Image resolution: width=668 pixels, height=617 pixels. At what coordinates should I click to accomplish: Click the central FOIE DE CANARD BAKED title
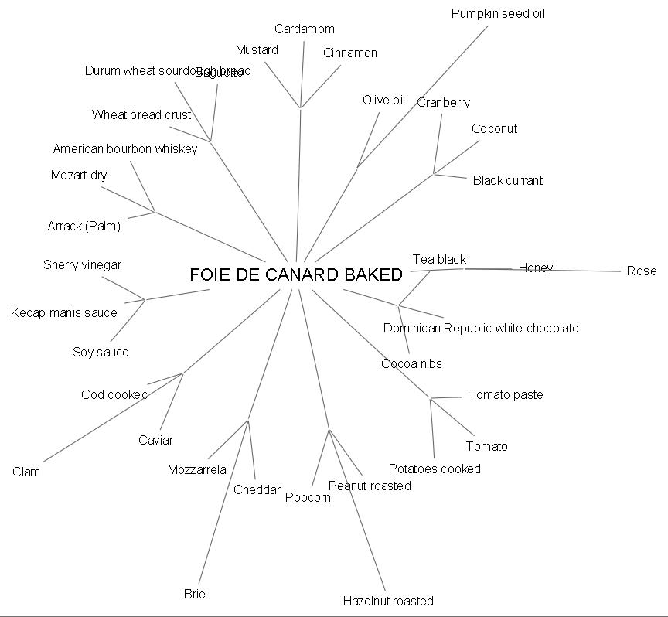tap(296, 274)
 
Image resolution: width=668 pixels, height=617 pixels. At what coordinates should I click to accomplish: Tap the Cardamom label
tap(305, 29)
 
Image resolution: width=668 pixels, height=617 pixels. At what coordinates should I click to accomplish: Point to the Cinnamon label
tap(350, 53)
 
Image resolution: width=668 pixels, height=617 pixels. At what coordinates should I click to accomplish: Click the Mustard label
tap(257, 49)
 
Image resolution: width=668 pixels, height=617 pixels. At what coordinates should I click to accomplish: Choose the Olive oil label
tap(383, 100)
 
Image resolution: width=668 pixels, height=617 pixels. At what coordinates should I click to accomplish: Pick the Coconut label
tap(494, 128)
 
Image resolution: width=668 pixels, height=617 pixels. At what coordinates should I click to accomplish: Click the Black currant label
tap(507, 180)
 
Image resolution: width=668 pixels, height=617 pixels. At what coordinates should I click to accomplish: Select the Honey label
tap(536, 268)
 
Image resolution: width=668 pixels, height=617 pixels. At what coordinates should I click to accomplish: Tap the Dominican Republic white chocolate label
tap(480, 328)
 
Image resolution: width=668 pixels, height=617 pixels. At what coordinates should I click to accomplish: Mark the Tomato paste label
tap(506, 394)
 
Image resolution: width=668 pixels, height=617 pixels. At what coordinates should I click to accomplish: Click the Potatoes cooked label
tap(435, 469)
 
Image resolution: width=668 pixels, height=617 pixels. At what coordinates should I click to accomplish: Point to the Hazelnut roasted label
tap(388, 601)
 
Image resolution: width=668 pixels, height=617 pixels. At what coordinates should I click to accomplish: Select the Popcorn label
tap(308, 497)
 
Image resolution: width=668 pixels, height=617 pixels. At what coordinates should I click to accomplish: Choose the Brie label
tap(195, 594)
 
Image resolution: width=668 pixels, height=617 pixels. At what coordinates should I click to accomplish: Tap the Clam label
tap(26, 472)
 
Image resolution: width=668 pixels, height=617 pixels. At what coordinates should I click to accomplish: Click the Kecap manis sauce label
tap(64, 312)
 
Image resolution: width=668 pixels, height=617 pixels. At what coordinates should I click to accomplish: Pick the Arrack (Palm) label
tap(84, 226)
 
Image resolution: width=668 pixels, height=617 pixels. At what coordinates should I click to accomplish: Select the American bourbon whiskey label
tap(125, 148)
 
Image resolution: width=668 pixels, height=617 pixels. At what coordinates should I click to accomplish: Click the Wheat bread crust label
tap(141, 114)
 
